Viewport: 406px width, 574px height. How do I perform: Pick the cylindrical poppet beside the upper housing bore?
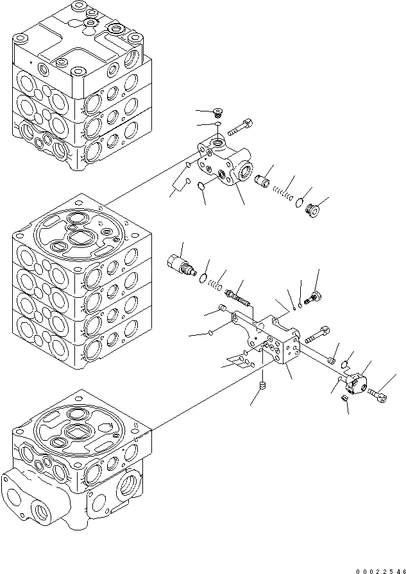click(262, 180)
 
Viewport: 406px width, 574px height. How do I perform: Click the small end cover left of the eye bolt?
click(356, 383)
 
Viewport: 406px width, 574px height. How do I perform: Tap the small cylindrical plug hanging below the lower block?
click(262, 386)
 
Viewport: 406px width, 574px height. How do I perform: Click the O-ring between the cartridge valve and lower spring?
click(204, 277)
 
